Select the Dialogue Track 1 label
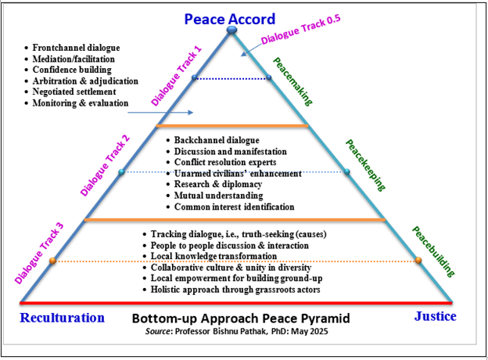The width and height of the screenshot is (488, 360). pos(176,76)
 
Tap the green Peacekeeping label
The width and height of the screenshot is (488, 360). pos(366,165)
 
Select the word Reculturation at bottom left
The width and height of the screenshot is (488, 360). pos(62,318)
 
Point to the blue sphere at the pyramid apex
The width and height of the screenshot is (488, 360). pos(231,31)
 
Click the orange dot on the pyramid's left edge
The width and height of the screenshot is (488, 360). pos(52,261)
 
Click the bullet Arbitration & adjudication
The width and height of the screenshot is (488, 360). pos(85,81)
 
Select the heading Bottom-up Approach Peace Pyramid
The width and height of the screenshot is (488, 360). pos(240,319)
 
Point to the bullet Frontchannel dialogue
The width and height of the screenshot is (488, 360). pos(78,47)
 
